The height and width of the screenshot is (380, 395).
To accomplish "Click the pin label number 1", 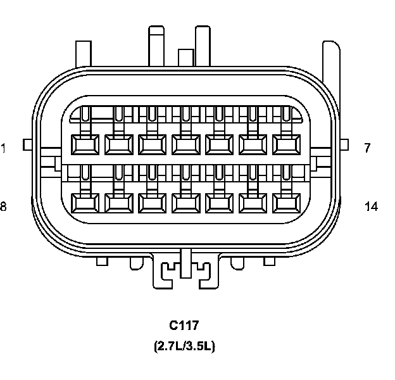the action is click(3, 148).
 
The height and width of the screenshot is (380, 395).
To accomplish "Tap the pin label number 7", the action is click(368, 148).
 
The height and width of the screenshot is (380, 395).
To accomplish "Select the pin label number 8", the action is click(3, 206).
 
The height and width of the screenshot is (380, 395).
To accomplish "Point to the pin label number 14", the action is click(372, 206).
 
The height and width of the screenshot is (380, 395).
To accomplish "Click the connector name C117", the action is click(184, 325).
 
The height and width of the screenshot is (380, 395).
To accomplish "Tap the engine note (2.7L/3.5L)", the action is click(184, 346).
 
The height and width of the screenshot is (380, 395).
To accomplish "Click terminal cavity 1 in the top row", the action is click(85, 144).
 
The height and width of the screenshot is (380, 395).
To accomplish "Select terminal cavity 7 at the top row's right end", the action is click(286, 144).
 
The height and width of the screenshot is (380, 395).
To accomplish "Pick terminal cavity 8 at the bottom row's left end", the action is click(85, 203).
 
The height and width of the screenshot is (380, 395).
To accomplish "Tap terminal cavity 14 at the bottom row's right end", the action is click(286, 203).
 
